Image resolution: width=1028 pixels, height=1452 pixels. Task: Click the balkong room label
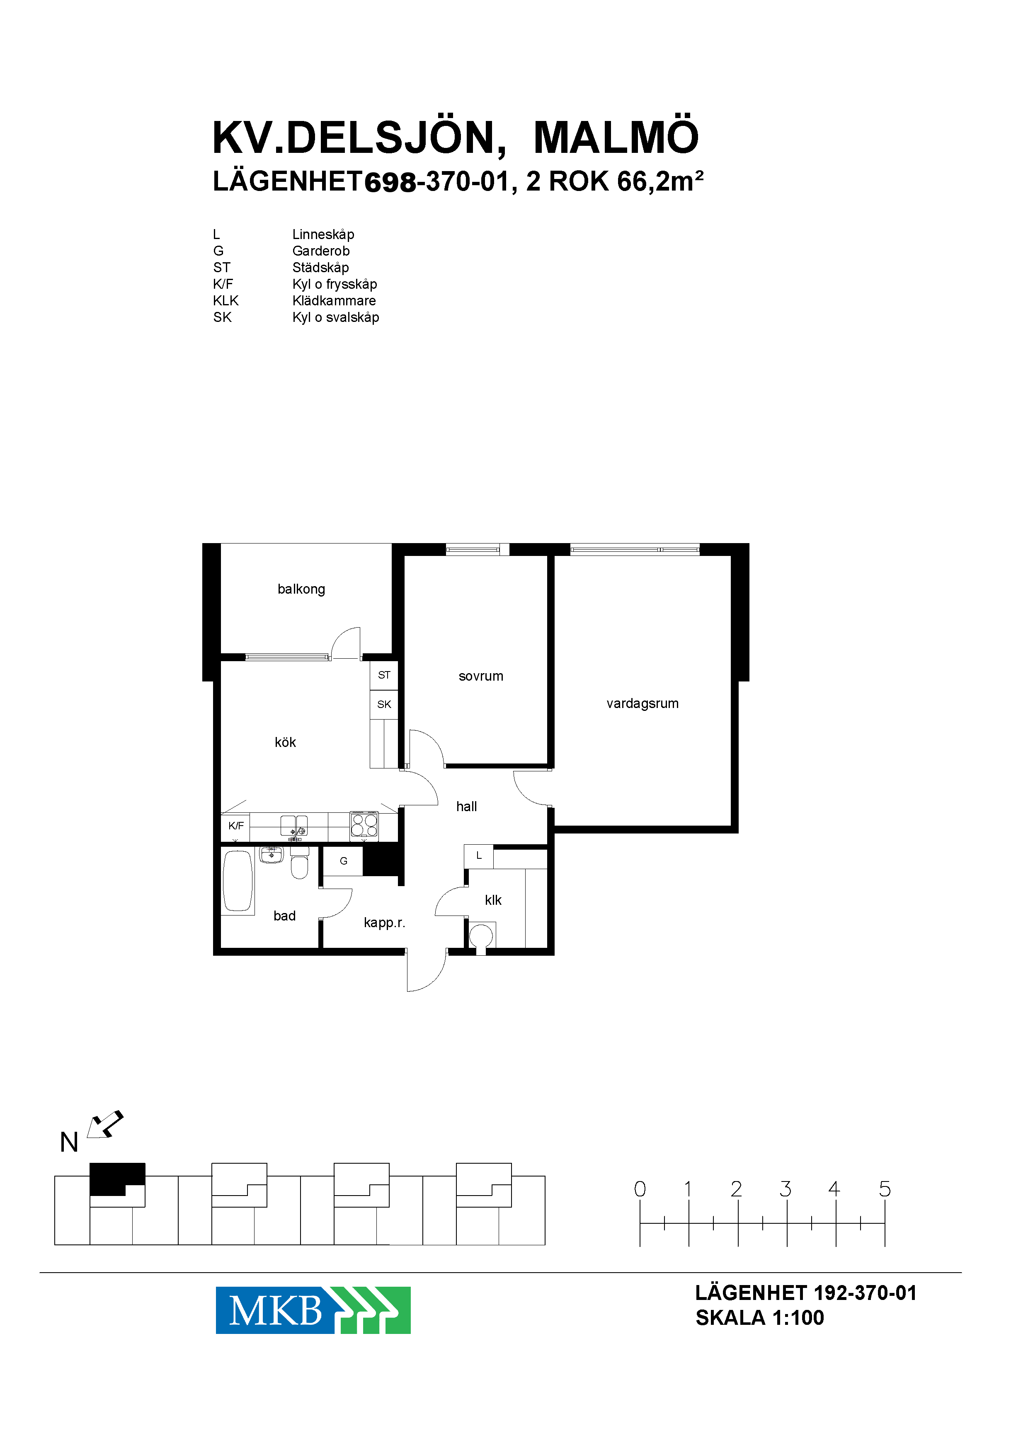point(301,589)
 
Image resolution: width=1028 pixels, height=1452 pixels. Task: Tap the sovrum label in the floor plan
point(481,676)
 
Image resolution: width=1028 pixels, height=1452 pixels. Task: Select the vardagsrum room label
point(642,703)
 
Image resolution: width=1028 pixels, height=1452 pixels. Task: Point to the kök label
point(286,742)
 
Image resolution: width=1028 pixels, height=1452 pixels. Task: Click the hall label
point(466,806)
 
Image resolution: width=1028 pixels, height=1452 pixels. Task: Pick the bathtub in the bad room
point(238,881)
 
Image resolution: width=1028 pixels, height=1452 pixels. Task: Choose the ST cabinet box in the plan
point(384,675)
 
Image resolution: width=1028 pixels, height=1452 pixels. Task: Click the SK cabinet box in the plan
point(384,704)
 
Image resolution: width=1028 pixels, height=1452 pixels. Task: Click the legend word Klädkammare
point(334,300)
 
